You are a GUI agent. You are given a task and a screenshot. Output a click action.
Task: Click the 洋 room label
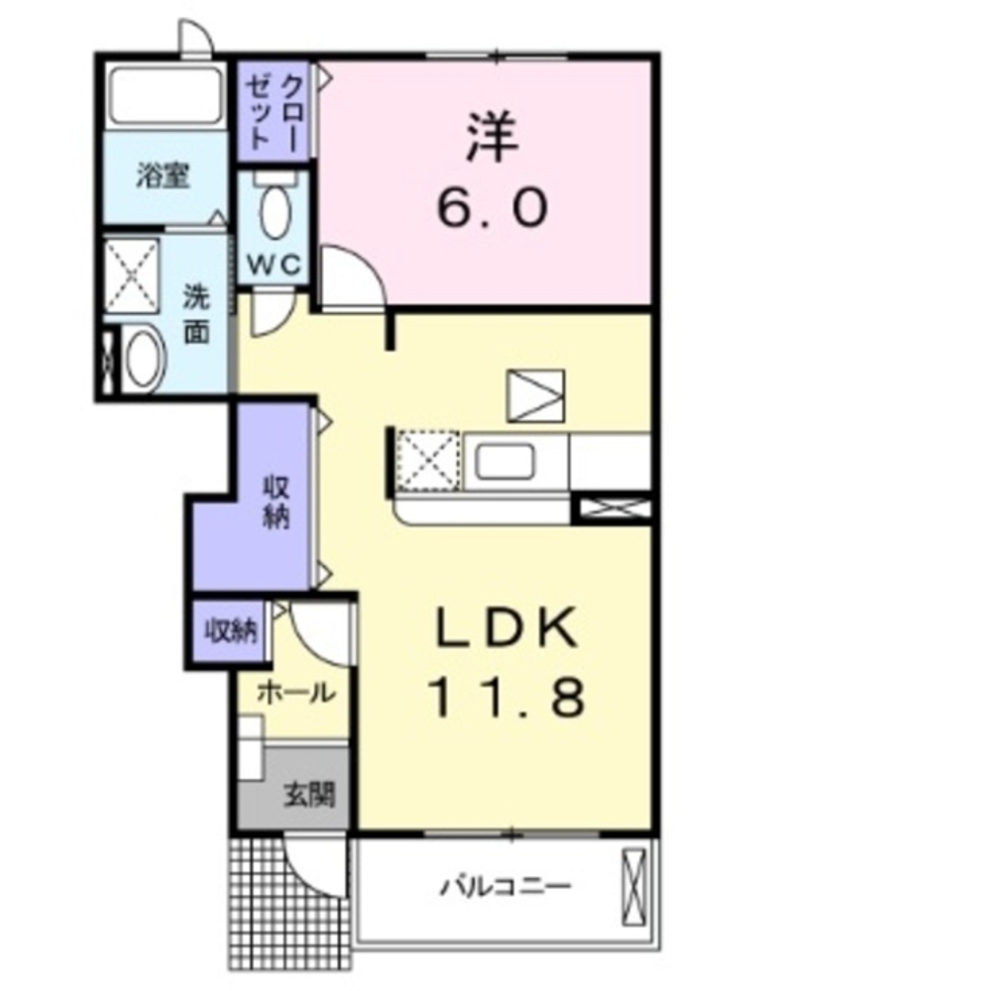tap(493, 140)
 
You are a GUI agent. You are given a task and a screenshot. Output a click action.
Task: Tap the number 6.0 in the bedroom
tap(492, 209)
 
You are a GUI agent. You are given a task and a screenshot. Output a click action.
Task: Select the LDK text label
tap(505, 627)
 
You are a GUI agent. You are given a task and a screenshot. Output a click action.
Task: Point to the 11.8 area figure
tap(505, 696)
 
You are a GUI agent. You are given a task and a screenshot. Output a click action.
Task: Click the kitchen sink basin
tap(505, 462)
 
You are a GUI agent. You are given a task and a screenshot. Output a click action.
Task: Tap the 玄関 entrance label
tap(308, 794)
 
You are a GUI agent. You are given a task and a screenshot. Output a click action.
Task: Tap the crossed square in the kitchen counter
tap(427, 461)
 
